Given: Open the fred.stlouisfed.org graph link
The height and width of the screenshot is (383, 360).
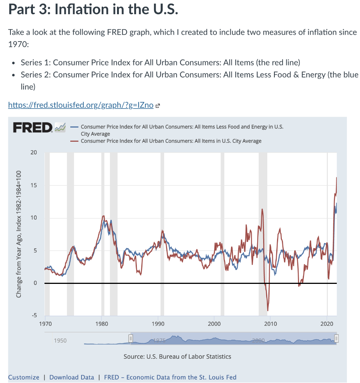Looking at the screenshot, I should tap(81, 105).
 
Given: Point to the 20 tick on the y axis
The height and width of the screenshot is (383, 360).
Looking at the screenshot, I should tap(34, 153).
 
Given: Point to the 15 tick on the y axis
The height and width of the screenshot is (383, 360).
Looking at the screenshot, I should tap(34, 185).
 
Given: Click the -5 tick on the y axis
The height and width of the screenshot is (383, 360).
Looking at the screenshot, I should tap(34, 315).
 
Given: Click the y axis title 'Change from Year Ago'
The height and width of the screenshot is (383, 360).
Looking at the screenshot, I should tap(18, 234).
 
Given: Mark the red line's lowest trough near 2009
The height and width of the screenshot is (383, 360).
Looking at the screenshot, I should tap(268, 310).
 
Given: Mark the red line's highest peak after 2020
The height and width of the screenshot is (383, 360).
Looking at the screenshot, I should tap(336, 178).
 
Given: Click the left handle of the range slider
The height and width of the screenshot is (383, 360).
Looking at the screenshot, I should tap(130, 338).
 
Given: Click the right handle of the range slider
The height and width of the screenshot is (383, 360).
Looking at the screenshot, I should tap(336, 338).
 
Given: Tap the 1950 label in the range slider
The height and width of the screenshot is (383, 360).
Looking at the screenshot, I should tap(60, 340).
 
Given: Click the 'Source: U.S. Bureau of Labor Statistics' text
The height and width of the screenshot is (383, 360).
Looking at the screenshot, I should tap(177, 356).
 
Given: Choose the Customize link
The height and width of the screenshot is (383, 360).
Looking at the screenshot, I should tap(24, 377).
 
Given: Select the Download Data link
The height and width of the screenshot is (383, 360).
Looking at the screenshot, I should tap(72, 377).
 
